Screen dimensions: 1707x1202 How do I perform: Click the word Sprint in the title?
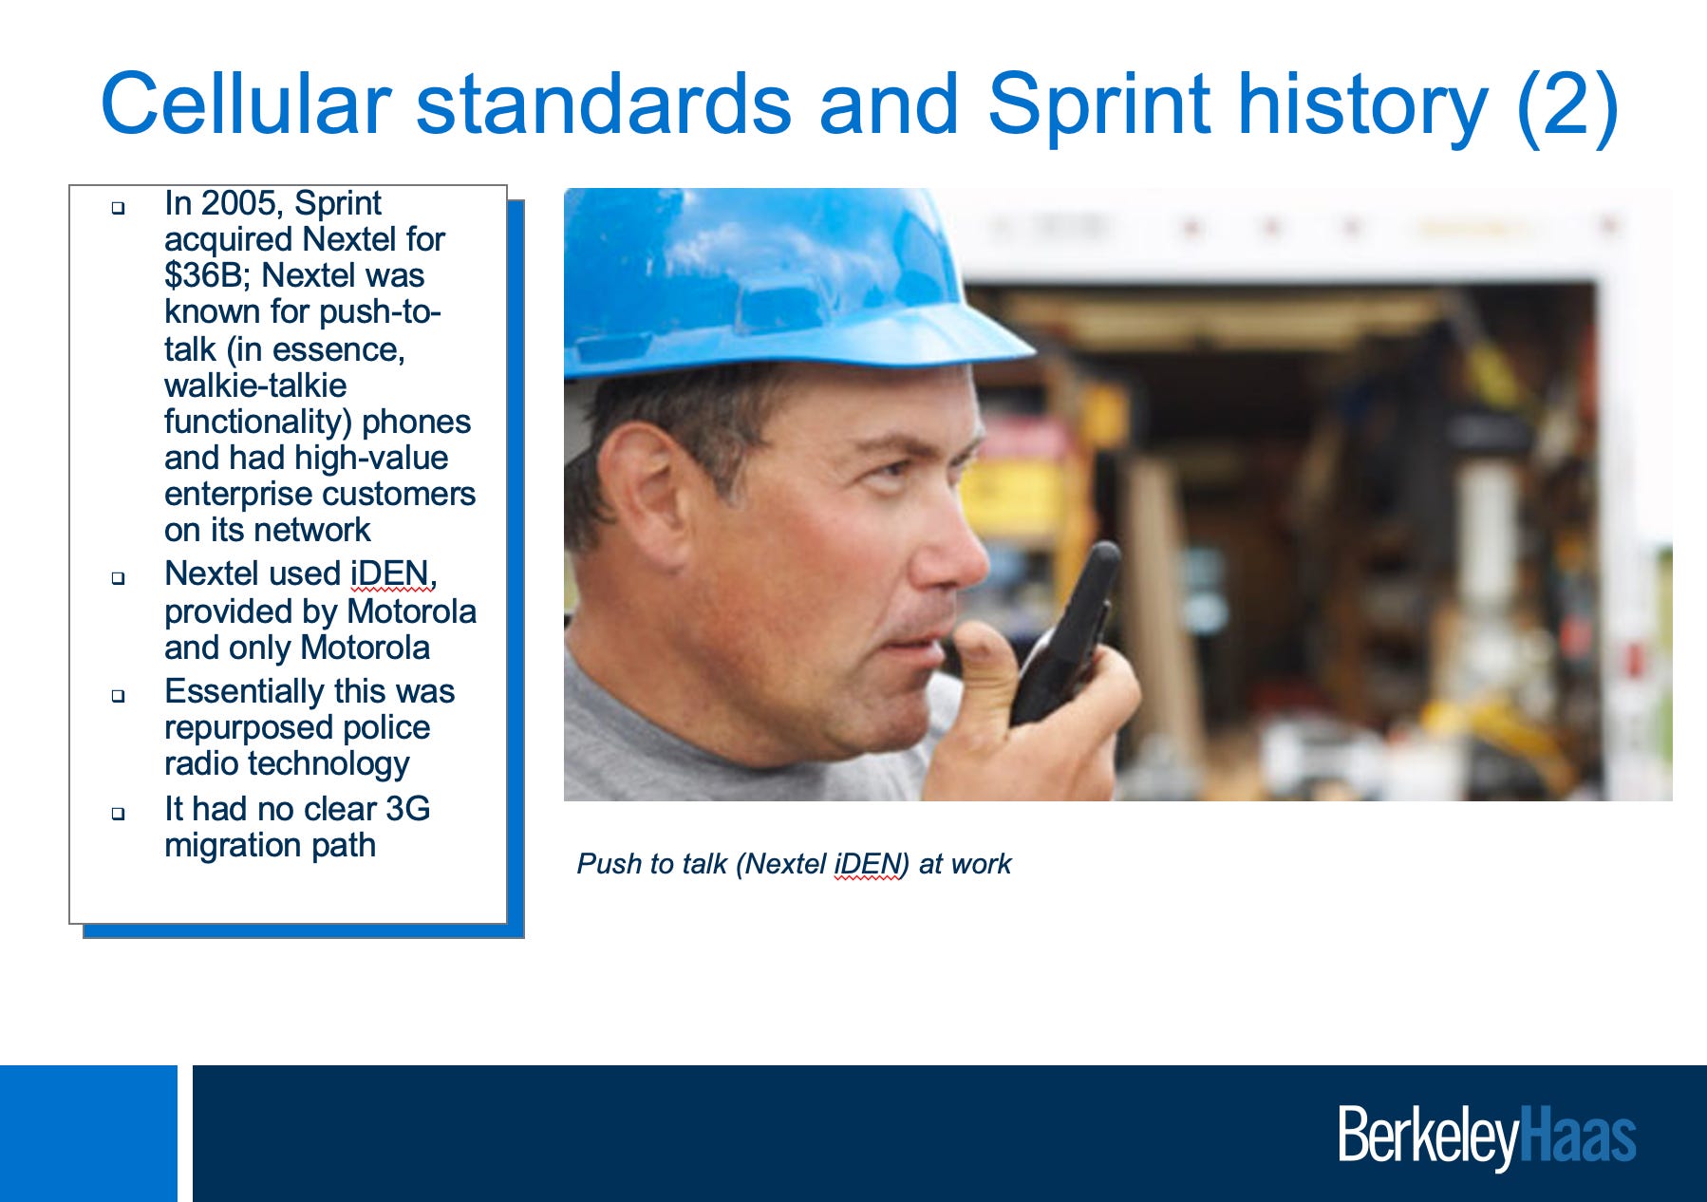tap(1098, 107)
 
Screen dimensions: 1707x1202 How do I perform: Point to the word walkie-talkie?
tap(255, 385)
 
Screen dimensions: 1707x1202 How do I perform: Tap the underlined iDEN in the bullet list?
tap(389, 573)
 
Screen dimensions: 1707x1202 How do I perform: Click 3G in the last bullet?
tap(407, 809)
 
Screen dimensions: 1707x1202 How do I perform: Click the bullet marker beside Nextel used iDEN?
tap(118, 577)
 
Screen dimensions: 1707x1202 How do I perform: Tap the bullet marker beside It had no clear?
tap(118, 813)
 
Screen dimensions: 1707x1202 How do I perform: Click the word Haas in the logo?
tap(1578, 1135)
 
